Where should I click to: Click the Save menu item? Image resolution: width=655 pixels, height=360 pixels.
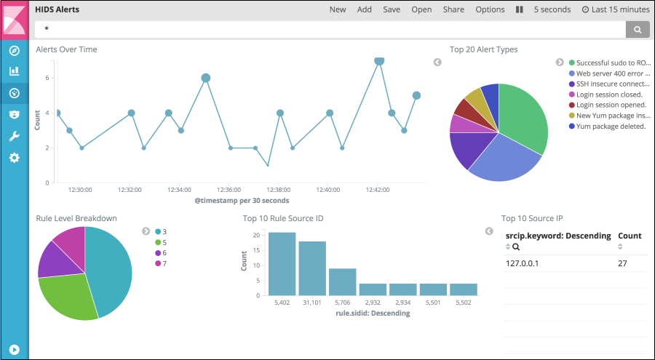[x=392, y=9]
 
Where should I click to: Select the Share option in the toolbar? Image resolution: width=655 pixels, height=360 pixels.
[x=453, y=9]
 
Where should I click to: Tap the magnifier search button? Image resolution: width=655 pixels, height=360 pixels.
[x=637, y=29]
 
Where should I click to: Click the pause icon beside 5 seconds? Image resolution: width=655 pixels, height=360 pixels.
[x=520, y=9]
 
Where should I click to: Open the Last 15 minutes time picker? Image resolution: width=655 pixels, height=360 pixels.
[x=616, y=9]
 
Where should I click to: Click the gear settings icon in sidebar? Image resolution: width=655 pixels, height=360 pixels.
[x=14, y=158]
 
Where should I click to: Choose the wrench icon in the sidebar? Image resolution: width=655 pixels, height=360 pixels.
[x=14, y=136]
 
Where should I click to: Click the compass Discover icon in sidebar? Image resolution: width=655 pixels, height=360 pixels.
[x=14, y=50]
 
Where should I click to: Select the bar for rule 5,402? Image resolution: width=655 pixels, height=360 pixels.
[x=282, y=264]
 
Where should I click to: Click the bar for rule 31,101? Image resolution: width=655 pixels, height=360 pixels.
[x=312, y=268]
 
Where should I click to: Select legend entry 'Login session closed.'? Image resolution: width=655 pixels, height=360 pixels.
[x=608, y=95]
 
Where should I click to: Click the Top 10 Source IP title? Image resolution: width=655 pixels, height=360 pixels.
[x=532, y=218]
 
